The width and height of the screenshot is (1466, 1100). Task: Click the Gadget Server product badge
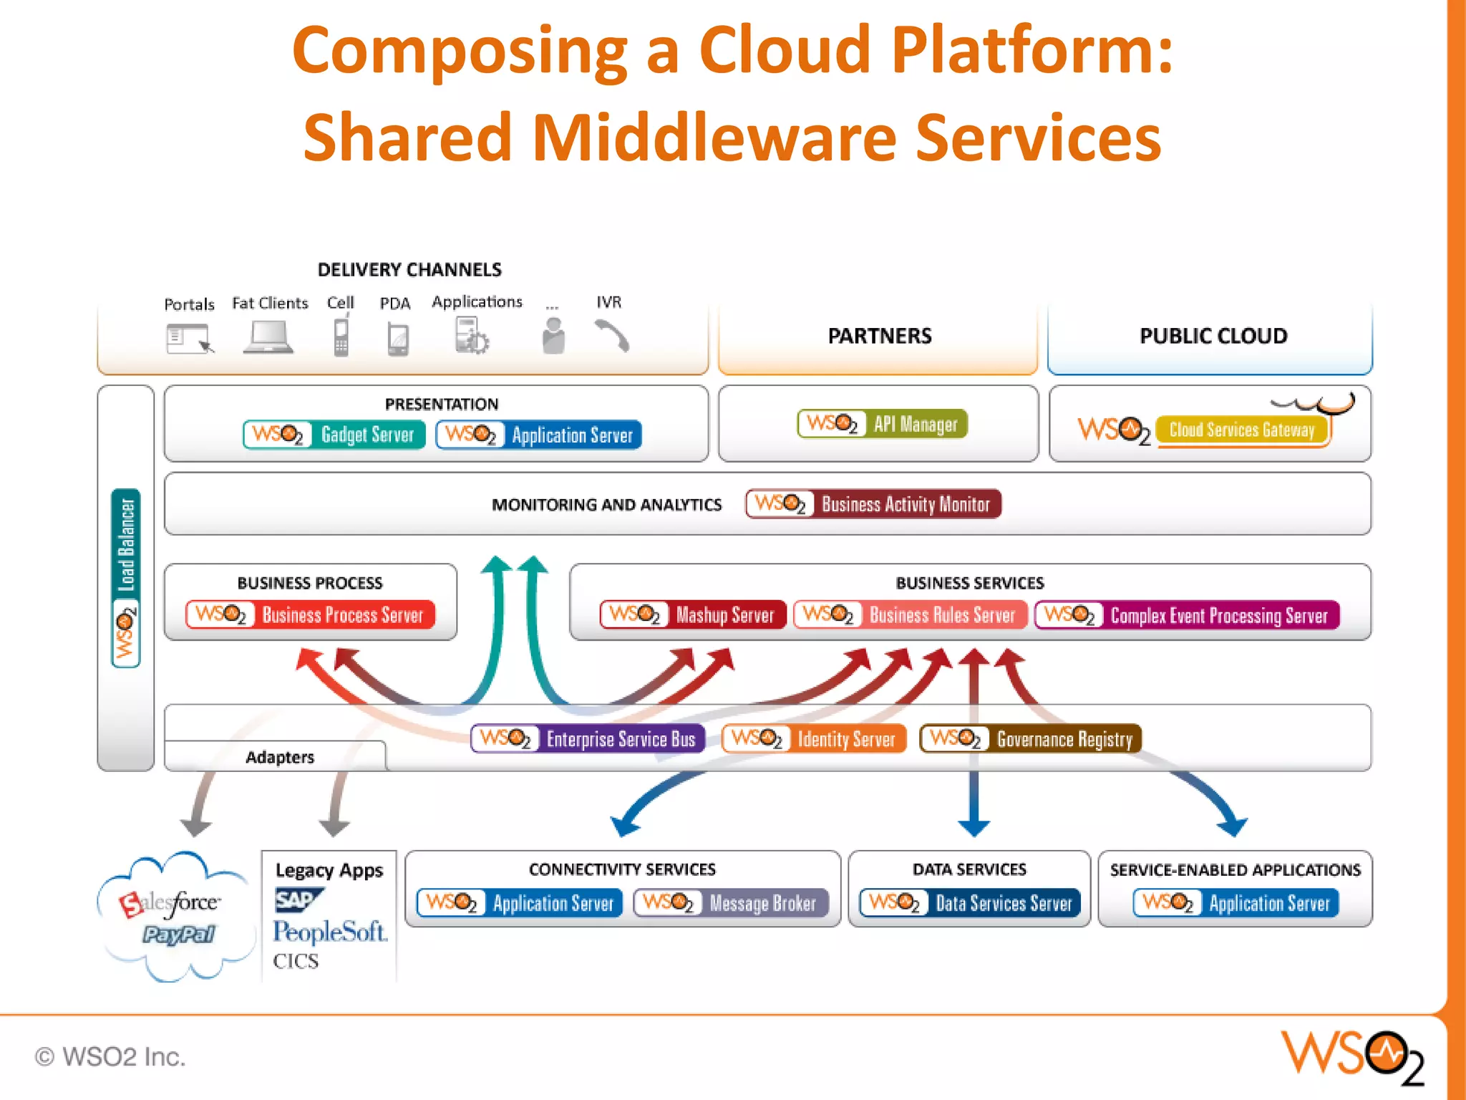pyautogui.click(x=334, y=435)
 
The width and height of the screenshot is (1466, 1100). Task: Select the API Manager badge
pyautogui.click(x=882, y=424)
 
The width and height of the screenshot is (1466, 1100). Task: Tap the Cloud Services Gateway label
pyautogui.click(x=1242, y=430)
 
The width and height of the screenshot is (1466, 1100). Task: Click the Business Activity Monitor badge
pyautogui.click(x=873, y=504)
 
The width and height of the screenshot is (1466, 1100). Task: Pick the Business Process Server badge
pyautogui.click(x=310, y=615)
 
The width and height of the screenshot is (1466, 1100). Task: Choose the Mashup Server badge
pyautogui.click(x=692, y=615)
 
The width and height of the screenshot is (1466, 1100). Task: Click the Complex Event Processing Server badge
pyautogui.click(x=1187, y=615)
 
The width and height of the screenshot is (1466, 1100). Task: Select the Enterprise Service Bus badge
pyautogui.click(x=588, y=739)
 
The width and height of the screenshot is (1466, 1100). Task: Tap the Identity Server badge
pyautogui.click(x=814, y=739)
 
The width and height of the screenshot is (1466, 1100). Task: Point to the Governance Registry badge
pyautogui.click(x=1030, y=739)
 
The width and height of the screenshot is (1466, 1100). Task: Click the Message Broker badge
pyautogui.click(x=731, y=903)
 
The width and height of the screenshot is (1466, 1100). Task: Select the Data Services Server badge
pyautogui.click(x=970, y=903)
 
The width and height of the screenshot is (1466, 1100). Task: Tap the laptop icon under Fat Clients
pyautogui.click(x=268, y=337)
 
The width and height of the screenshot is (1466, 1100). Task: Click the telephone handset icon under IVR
pyautogui.click(x=611, y=335)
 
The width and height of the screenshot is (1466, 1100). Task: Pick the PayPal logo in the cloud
pyautogui.click(x=178, y=935)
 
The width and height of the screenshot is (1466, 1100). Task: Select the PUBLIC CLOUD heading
pyautogui.click(x=1213, y=336)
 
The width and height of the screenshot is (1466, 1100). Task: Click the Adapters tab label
pyautogui.click(x=280, y=757)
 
